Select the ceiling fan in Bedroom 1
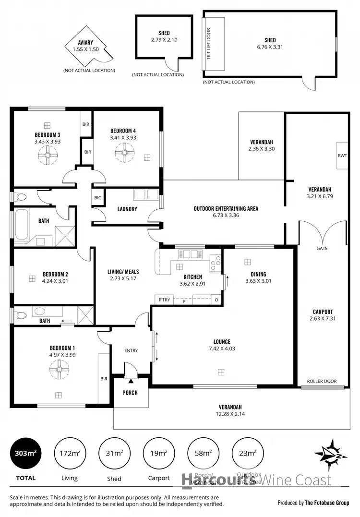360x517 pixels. coord(59,369)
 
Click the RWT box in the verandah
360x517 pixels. coord(342,156)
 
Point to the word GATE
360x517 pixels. coord(322,249)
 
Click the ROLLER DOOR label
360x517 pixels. coord(322,382)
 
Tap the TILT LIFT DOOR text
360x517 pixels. coord(209,44)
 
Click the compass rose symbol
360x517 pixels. coord(331,453)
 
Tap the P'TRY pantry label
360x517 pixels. coord(164,300)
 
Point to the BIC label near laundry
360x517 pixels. coord(97,198)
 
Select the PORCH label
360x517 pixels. coord(130,393)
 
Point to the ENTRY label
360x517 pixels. coord(131,350)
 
